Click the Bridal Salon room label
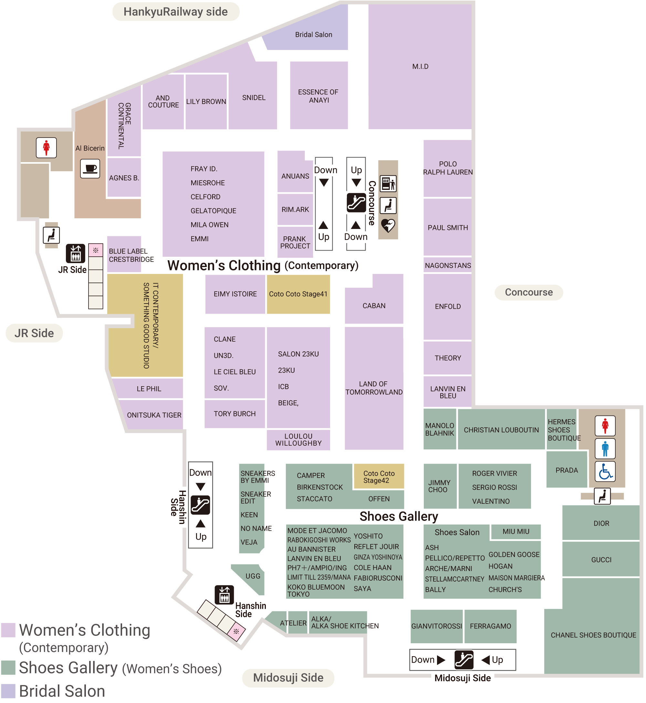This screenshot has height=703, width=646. tap(314, 35)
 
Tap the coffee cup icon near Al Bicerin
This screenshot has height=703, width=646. tap(90, 169)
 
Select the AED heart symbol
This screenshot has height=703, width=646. tap(388, 226)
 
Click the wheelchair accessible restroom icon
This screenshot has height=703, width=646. tap(605, 472)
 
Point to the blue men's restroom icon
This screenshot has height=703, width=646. tap(605, 449)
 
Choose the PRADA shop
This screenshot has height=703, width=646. tap(567, 470)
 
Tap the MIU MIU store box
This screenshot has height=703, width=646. tap(516, 532)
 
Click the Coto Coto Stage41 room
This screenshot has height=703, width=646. tap(298, 294)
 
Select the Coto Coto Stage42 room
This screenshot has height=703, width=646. tap(379, 477)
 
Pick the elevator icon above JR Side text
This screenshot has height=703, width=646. tap(76, 253)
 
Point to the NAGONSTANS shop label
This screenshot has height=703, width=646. tap(448, 265)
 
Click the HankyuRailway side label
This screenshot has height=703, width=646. tap(176, 12)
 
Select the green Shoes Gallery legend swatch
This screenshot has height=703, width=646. tap(8, 668)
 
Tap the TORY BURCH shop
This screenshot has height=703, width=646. tap(234, 414)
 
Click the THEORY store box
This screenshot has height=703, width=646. tap(448, 358)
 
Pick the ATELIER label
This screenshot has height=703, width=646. tap(293, 623)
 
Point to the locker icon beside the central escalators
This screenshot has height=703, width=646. tap(388, 184)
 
